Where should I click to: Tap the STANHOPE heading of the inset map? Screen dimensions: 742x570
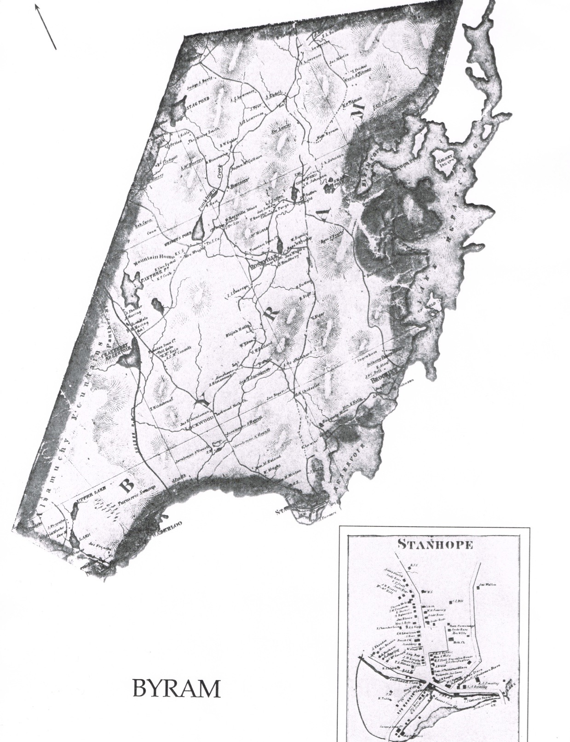(x=435, y=545)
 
